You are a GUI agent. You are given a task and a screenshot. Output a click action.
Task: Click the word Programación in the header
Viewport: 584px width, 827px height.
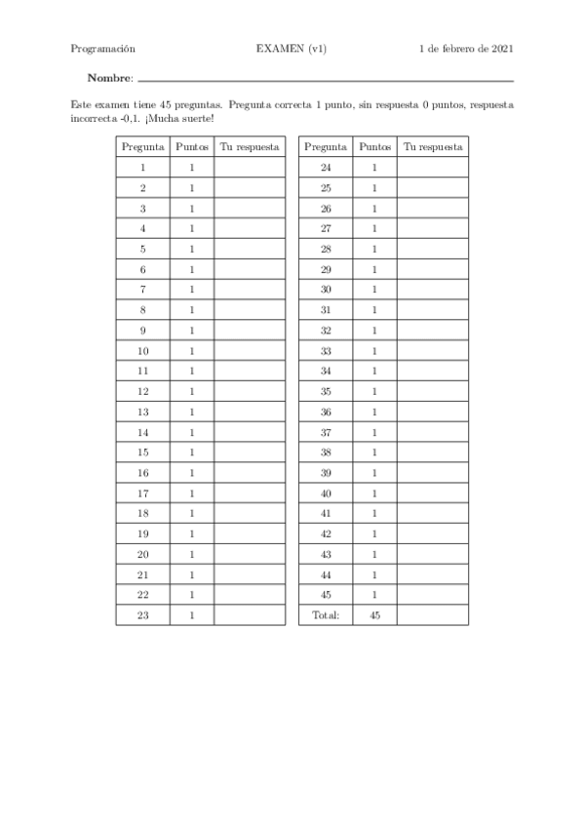click(102, 48)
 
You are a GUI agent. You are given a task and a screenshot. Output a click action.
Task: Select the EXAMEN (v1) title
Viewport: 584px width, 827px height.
click(292, 48)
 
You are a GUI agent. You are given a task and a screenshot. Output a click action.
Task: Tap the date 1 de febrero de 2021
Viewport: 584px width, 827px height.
click(466, 48)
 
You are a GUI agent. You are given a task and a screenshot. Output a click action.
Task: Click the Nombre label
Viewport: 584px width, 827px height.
click(109, 78)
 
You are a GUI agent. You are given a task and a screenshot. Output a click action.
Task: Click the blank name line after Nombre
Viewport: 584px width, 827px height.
click(326, 79)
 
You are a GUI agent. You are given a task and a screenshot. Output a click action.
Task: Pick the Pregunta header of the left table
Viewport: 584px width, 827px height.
click(142, 147)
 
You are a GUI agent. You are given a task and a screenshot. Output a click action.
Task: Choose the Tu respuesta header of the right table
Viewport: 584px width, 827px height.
click(433, 147)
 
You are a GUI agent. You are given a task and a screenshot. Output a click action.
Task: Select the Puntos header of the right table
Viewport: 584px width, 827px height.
click(374, 147)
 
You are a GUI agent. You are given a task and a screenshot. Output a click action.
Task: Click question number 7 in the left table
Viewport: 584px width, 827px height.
click(142, 290)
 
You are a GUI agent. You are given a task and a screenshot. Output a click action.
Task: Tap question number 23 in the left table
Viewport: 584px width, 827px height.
click(142, 615)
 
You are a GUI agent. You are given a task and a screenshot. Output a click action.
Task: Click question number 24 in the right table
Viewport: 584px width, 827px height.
click(326, 168)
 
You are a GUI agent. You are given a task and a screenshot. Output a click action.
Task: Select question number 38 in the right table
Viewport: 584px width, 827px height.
click(326, 453)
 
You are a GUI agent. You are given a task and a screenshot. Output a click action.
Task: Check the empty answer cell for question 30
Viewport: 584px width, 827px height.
click(433, 290)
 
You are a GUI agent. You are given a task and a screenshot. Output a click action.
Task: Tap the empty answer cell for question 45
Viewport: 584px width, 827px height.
click(433, 595)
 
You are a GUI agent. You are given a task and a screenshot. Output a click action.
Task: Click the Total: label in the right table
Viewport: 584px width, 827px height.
click(326, 615)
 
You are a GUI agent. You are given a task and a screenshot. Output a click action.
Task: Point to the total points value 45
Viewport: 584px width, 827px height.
click(374, 615)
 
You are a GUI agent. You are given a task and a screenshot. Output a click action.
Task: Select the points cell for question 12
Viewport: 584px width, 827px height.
click(192, 391)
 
